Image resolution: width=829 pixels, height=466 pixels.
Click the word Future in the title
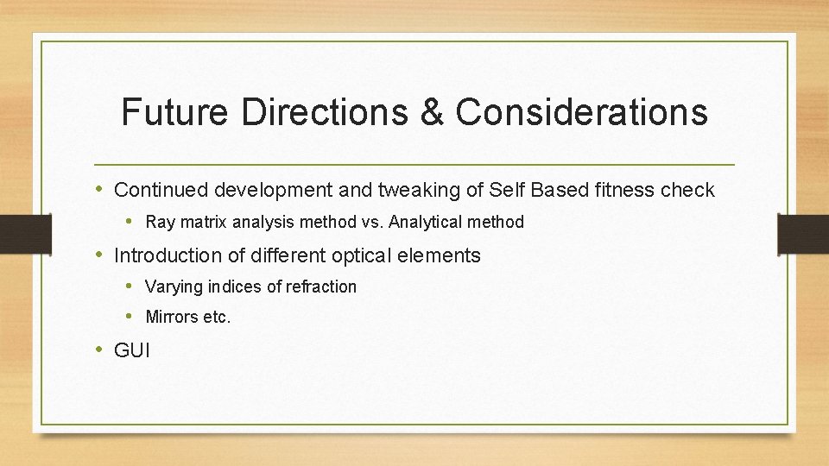(174, 112)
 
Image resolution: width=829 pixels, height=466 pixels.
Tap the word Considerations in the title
(581, 112)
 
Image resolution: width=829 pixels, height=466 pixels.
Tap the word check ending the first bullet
(689, 190)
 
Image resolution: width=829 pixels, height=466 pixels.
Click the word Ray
(159, 223)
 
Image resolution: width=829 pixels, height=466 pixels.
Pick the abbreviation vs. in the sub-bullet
(370, 223)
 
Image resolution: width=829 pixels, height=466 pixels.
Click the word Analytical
(426, 223)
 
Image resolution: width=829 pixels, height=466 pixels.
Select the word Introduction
(165, 255)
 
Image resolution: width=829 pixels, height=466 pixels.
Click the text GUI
(132, 350)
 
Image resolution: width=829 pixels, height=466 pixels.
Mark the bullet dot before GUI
(99, 349)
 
